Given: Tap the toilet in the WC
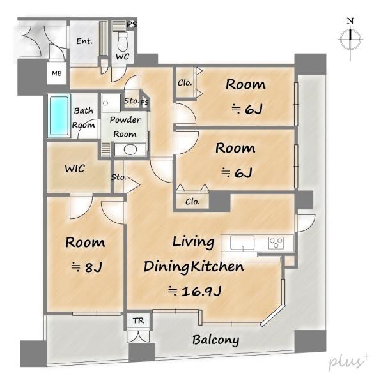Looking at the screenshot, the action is pos(122,41).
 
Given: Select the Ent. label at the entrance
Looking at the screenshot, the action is pos(84,41).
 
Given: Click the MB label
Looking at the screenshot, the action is pos(56,73).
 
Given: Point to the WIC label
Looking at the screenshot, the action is pos(75,169).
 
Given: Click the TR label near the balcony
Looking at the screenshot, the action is pos(139,320).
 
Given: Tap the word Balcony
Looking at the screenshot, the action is pos(215,340).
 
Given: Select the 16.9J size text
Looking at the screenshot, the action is pos(195,291).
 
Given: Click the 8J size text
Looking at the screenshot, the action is pos(86,267).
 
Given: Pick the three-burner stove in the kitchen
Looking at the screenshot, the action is pos(276,243).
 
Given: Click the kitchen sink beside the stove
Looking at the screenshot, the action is pos(242,243).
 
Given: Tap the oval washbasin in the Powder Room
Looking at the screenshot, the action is pos(130,149).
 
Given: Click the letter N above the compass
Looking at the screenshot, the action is pos(350,21).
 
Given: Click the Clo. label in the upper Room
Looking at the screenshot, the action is pos(185,83).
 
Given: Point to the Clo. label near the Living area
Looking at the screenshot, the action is pos(192,202).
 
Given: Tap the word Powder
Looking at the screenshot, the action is pos(125,120).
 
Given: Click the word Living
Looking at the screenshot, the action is pos(194,242).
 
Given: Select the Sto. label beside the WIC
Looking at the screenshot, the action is pos(119,177).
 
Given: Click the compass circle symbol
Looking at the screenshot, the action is pos(350,39).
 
